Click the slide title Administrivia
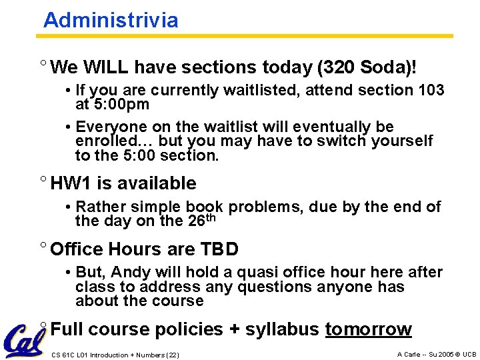111,21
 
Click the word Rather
99,207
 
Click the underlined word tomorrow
368,329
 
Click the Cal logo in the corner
25,339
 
